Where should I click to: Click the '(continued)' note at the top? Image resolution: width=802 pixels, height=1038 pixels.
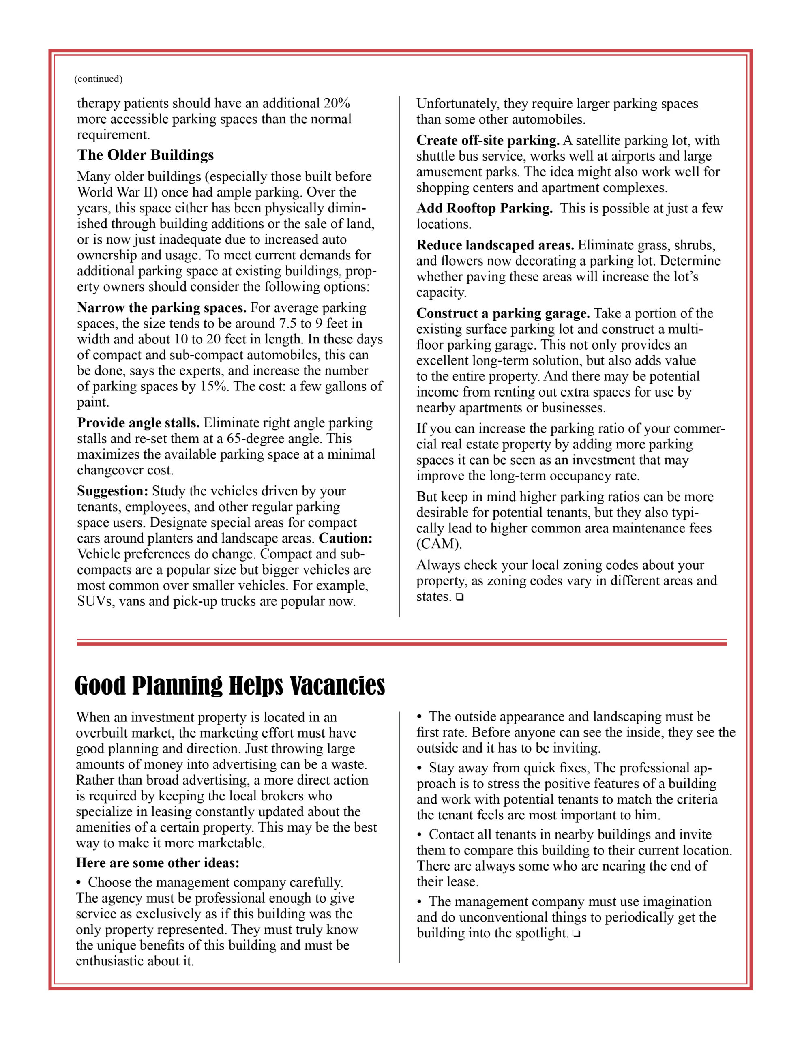(x=98, y=79)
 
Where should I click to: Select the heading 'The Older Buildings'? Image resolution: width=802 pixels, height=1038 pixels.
(x=146, y=155)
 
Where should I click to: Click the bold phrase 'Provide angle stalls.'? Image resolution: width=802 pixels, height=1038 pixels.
(x=138, y=422)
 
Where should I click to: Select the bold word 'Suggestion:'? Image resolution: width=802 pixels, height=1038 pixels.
(x=113, y=491)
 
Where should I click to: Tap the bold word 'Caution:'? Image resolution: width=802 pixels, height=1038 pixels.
(x=345, y=538)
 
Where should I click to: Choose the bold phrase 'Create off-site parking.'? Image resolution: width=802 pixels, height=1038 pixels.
(x=488, y=140)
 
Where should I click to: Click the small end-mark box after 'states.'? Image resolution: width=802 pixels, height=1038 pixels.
(x=459, y=597)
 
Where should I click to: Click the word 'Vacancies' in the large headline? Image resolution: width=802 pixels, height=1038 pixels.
(x=337, y=686)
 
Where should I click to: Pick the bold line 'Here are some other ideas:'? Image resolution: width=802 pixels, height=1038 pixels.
(x=157, y=862)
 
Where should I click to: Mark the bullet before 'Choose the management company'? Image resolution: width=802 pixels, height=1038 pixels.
(x=79, y=883)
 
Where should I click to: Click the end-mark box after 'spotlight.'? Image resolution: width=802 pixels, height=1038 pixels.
(x=576, y=934)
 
